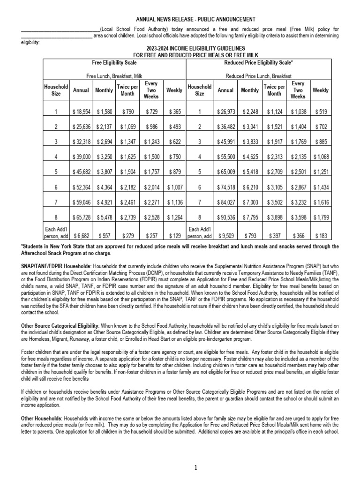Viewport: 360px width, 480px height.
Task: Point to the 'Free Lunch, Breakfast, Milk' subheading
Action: [x=115, y=75]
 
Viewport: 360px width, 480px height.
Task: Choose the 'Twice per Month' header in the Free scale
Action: [x=127, y=90]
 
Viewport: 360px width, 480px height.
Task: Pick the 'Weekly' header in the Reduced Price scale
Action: [x=320, y=90]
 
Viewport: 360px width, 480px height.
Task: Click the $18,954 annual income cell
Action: [x=81, y=112]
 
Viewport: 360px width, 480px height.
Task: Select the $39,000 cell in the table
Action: [x=81, y=157]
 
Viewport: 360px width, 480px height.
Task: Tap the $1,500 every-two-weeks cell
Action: [x=151, y=157]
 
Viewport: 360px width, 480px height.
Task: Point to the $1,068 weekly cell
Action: [x=321, y=157]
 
